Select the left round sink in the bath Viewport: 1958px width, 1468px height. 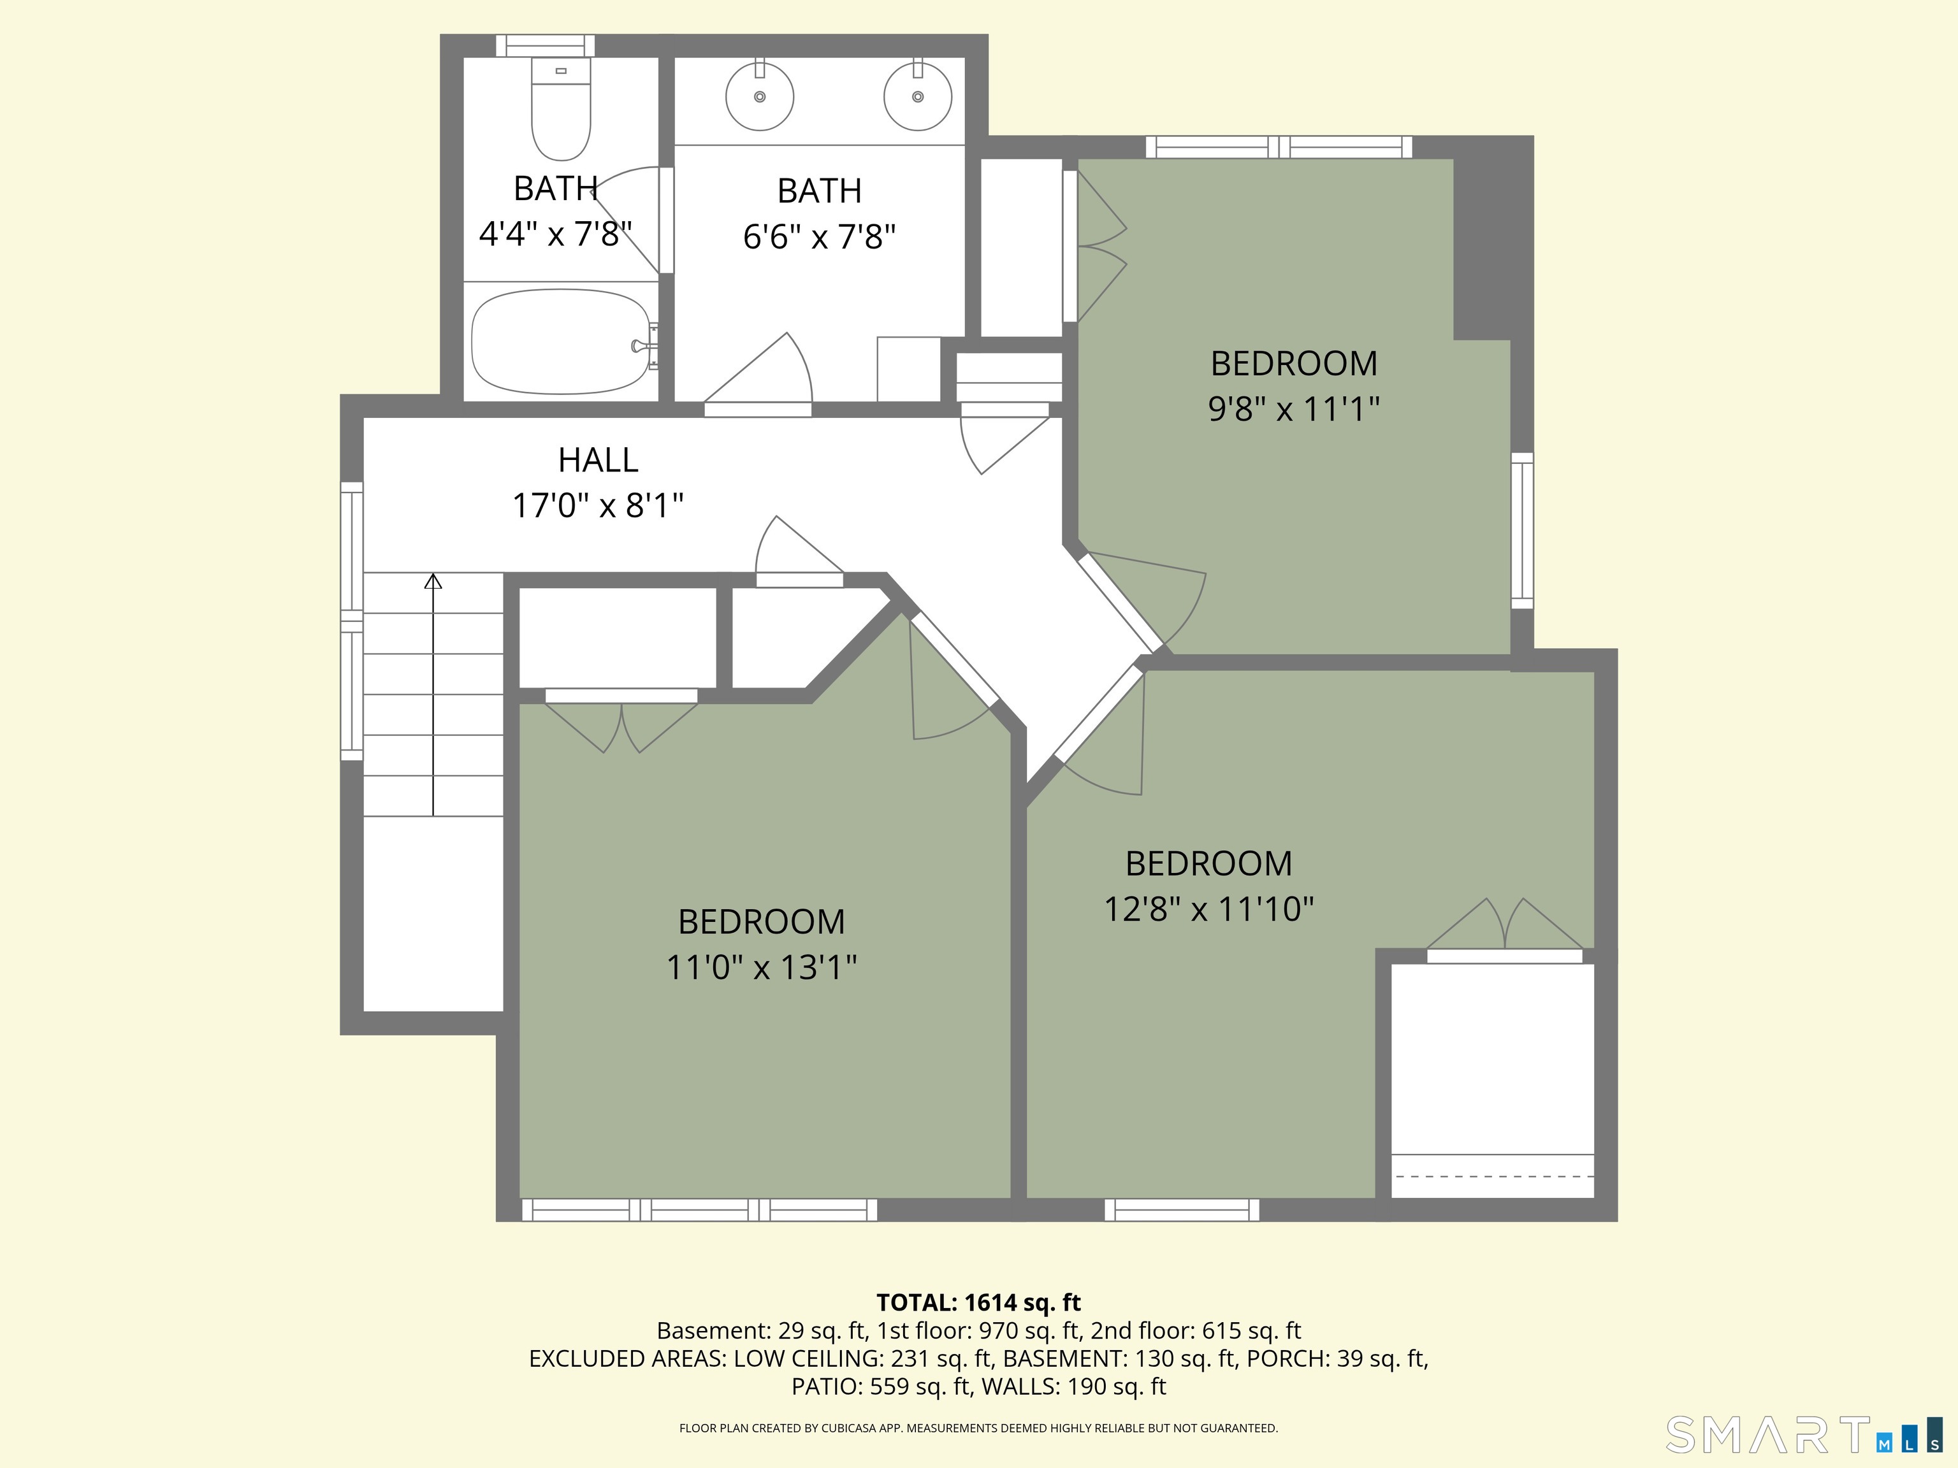coord(760,96)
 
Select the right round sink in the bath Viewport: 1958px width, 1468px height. coord(918,96)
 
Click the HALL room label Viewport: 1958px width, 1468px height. coord(598,460)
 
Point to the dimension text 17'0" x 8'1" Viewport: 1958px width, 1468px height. coord(598,506)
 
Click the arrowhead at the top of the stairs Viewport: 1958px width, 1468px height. coord(433,581)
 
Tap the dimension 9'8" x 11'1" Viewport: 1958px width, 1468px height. coord(1294,410)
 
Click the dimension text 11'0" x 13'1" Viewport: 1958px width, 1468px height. coord(761,968)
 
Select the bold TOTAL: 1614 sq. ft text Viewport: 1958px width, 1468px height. coord(979,1302)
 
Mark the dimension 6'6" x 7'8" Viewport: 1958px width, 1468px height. coord(820,237)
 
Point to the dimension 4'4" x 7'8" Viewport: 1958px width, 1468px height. coord(556,234)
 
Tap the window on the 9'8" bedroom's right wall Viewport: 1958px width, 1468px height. coord(1521,531)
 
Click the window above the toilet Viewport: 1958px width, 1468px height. coord(545,46)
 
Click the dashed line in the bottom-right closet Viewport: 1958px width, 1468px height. coord(1492,1177)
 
